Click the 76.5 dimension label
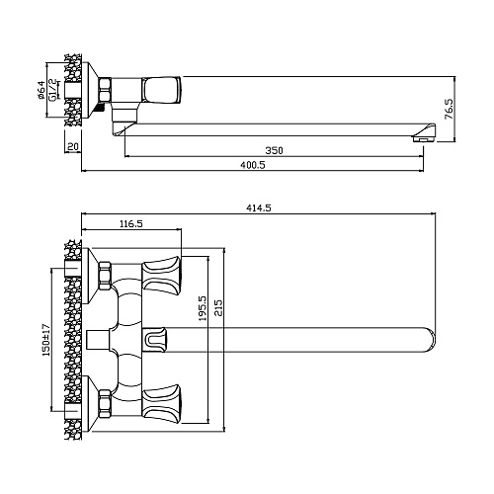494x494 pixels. click(x=449, y=109)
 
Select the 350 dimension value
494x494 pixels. click(x=274, y=150)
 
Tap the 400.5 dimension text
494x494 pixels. click(x=253, y=165)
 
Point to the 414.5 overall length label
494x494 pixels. click(x=259, y=208)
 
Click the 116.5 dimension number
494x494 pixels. click(x=131, y=224)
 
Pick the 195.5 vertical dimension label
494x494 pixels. click(x=202, y=308)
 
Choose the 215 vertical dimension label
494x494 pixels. click(x=218, y=307)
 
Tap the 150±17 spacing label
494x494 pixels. click(x=45, y=340)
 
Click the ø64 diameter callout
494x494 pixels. click(x=41, y=90)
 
